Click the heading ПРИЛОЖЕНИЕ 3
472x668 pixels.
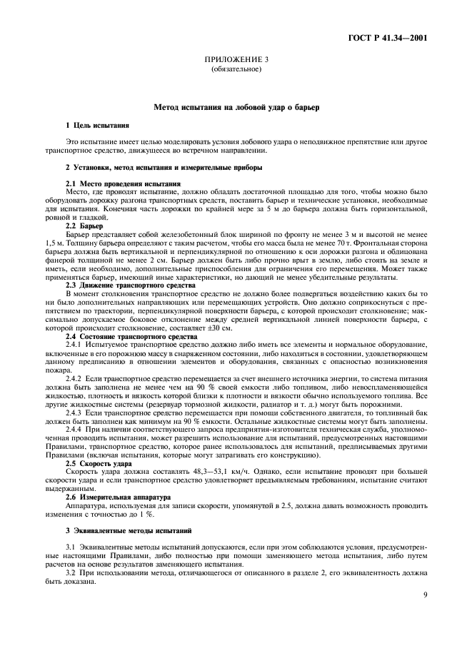[236, 61]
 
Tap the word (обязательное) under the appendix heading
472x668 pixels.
[236, 71]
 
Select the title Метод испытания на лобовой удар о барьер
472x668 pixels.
[236, 107]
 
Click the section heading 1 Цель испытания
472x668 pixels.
[97, 125]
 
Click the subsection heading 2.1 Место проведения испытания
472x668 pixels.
[114, 184]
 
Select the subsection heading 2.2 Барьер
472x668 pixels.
[84, 226]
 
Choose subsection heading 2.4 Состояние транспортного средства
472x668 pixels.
[121, 335]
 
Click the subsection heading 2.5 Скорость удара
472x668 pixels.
[97, 463]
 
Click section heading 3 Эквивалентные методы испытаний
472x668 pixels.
[128, 530]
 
